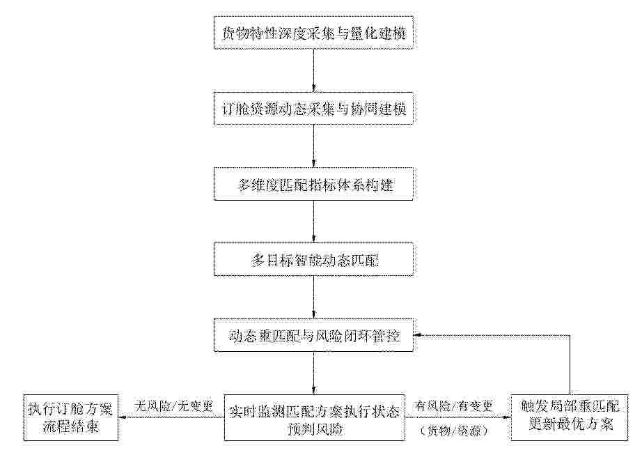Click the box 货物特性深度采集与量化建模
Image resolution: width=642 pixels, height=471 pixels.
(313, 33)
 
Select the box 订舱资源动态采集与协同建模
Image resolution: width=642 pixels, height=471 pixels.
(313, 109)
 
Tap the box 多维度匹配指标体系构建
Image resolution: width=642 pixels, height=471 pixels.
(313, 184)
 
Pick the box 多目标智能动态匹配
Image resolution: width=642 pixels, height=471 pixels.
(313, 259)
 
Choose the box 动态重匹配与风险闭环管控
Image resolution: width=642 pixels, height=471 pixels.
(313, 335)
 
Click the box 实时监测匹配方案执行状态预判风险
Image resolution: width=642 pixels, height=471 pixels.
(315, 418)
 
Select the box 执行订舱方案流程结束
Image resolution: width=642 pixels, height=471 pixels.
(70, 418)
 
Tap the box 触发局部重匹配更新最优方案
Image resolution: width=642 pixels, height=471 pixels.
(570, 418)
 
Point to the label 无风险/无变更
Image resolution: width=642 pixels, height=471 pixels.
(173, 406)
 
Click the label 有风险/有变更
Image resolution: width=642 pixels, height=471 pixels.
(454, 406)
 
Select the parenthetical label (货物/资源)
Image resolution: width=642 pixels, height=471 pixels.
(454, 431)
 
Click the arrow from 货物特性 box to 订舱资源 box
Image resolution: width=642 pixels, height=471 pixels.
(314, 71)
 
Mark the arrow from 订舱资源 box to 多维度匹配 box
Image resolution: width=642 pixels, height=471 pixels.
(314, 146)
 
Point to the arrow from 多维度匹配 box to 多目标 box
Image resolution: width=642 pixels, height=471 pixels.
(314, 222)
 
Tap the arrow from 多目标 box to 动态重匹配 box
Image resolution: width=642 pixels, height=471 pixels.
(314, 297)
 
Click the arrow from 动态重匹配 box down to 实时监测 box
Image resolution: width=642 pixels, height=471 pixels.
(314, 373)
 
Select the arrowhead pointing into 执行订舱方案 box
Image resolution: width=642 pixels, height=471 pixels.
(121, 417)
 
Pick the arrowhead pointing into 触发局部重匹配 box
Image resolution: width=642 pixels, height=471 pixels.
(508, 417)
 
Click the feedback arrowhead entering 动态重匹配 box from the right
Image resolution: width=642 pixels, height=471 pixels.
(417, 335)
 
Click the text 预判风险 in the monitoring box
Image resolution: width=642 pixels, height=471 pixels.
(315, 429)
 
